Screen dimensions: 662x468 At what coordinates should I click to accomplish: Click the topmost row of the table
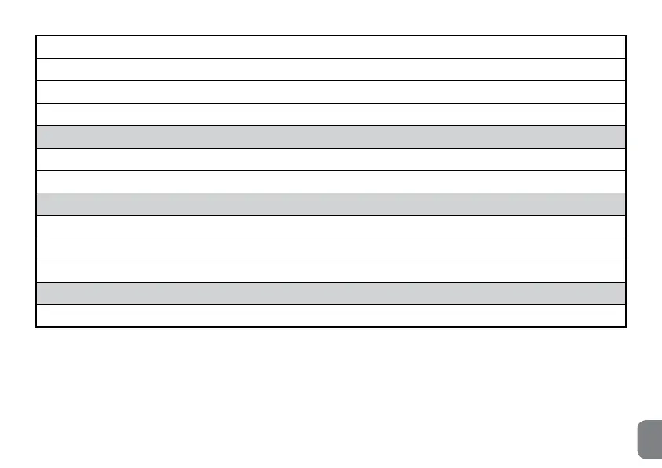click(x=331, y=47)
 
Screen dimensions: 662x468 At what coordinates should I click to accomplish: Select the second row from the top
click(x=331, y=69)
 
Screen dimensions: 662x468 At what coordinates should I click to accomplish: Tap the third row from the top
click(x=331, y=92)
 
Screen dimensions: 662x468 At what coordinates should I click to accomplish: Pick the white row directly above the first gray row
click(x=331, y=114)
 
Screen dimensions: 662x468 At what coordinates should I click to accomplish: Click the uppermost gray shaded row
click(x=331, y=137)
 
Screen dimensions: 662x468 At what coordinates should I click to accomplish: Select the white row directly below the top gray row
click(x=331, y=159)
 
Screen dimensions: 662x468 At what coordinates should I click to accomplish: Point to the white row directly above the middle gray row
click(x=331, y=182)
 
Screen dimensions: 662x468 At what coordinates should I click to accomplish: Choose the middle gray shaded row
click(x=331, y=204)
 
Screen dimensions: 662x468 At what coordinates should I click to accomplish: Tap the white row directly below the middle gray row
click(x=331, y=227)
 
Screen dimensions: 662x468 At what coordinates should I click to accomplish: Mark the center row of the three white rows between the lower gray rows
click(x=331, y=249)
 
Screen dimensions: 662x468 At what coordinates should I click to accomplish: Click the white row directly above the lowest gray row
click(x=331, y=271)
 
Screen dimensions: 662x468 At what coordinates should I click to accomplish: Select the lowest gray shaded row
click(x=331, y=293)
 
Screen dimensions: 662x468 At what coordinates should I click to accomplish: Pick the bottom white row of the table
click(x=331, y=316)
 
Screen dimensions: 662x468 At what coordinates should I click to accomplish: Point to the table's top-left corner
click(x=36, y=35)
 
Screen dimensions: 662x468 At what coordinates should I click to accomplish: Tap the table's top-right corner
click(x=626, y=35)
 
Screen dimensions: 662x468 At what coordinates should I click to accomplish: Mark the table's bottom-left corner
click(x=36, y=327)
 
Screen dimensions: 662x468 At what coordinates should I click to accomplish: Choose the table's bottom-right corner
click(x=626, y=327)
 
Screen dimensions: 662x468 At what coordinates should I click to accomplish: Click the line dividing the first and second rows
click(x=331, y=58)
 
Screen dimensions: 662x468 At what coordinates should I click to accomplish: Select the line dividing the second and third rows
click(x=331, y=80)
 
